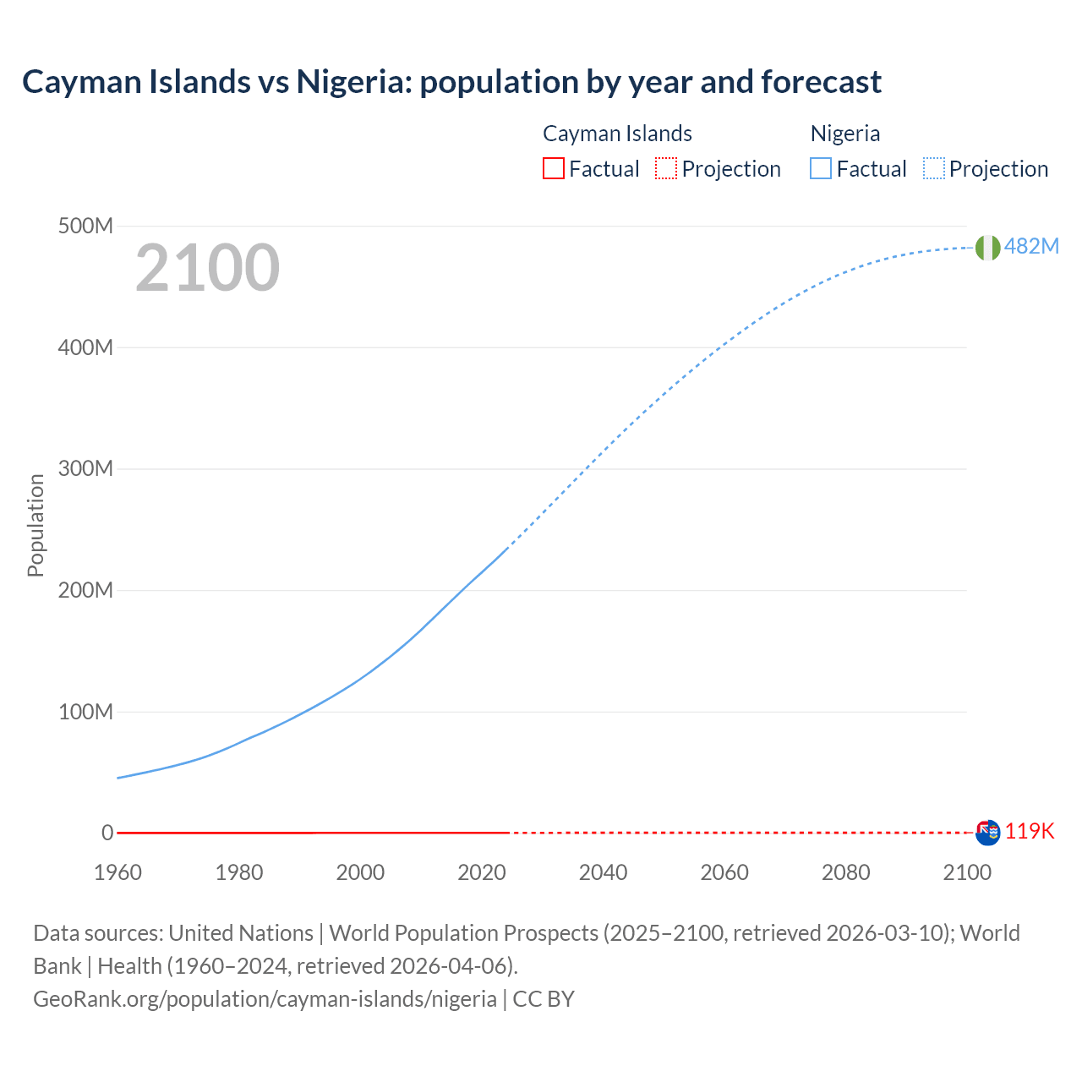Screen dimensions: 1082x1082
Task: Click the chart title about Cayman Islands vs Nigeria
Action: pyautogui.click(x=451, y=82)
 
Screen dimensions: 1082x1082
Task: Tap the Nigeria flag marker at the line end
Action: pyautogui.click(x=987, y=247)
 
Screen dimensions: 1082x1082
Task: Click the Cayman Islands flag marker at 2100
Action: pyautogui.click(x=987, y=833)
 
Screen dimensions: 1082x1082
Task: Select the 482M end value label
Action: pyautogui.click(x=1031, y=246)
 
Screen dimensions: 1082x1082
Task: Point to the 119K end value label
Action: pyautogui.click(x=1030, y=831)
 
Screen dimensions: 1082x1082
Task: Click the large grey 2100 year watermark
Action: pyautogui.click(x=207, y=268)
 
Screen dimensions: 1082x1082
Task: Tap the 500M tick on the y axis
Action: pyautogui.click(x=85, y=227)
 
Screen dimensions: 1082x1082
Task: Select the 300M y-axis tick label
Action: pyautogui.click(x=85, y=469)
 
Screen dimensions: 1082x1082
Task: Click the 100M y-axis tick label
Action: pyautogui.click(x=85, y=712)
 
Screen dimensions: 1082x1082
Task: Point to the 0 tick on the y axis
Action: pyautogui.click(x=107, y=833)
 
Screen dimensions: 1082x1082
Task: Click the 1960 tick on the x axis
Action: pyautogui.click(x=118, y=872)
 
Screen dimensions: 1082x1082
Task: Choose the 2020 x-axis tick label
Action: pyautogui.click(x=482, y=872)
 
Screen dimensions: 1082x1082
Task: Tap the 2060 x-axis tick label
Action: pyautogui.click(x=724, y=872)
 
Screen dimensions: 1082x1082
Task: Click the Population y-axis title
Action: pyautogui.click(x=36, y=525)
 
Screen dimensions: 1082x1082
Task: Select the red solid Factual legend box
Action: pyautogui.click(x=553, y=168)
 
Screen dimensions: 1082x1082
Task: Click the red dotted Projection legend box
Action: pyautogui.click(x=666, y=168)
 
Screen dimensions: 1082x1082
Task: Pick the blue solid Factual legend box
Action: pyautogui.click(x=821, y=168)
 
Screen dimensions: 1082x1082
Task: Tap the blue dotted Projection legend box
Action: pyautogui.click(x=934, y=168)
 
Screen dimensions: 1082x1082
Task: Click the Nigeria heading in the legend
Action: pyautogui.click(x=845, y=134)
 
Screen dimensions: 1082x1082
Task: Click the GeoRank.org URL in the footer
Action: pyautogui.click(x=265, y=999)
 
